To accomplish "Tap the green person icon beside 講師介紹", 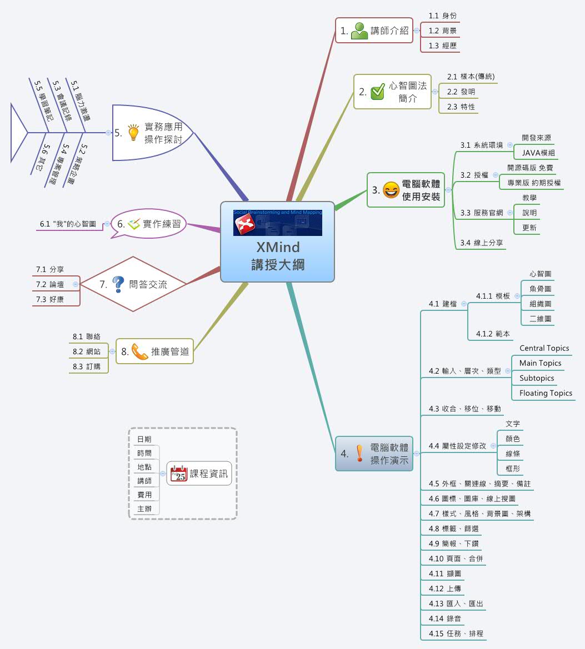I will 359,31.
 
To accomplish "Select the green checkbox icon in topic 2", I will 378,92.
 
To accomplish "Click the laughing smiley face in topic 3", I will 391,190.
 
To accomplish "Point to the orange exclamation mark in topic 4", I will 359,454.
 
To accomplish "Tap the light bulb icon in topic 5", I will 133,132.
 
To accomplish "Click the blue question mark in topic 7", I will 118,284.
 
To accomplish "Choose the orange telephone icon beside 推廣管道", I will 139,351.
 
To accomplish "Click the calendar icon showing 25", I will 179,474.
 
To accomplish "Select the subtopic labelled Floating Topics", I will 546,393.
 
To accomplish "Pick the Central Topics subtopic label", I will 544,348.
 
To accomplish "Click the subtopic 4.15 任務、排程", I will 456,633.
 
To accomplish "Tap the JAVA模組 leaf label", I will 538,153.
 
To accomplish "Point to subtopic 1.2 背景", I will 442,31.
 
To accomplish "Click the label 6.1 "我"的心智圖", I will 68,224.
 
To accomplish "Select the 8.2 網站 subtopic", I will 86,351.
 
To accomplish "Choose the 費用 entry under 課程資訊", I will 144,495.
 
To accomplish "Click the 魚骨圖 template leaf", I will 540,289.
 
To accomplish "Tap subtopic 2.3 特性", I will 461,107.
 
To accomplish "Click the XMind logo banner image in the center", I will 277,223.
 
